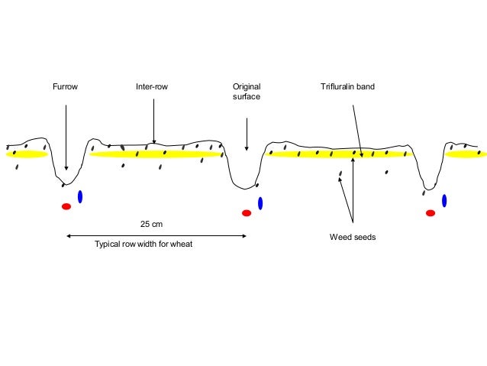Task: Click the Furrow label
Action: tap(65, 87)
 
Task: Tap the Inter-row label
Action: tap(152, 87)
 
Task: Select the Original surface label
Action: tap(247, 92)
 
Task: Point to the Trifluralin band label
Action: tap(347, 87)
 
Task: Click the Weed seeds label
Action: tap(353, 237)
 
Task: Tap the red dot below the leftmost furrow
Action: tap(66, 206)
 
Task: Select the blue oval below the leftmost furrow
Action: tap(80, 196)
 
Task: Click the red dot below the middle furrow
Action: tap(247, 213)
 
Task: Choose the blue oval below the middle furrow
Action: tap(260, 203)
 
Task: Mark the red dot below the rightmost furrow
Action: tap(431, 212)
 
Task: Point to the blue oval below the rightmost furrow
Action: tap(444, 200)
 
